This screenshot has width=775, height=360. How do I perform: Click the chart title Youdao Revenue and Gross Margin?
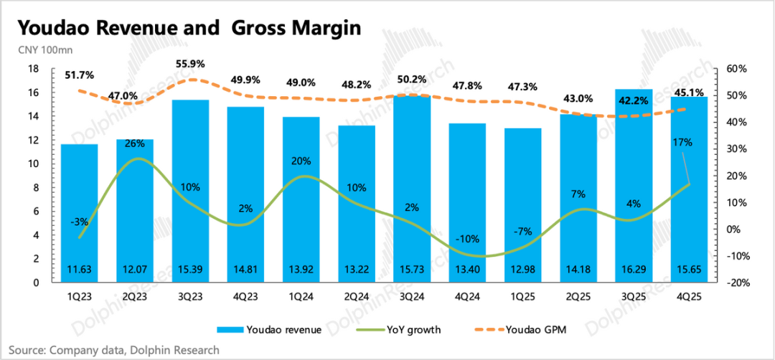[x=189, y=28]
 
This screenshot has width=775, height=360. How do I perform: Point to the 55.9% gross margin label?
[x=190, y=64]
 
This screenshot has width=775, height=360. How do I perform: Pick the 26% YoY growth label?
[x=134, y=143]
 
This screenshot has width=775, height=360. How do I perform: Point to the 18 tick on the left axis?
[x=33, y=69]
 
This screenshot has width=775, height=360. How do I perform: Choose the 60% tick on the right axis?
[x=736, y=69]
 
